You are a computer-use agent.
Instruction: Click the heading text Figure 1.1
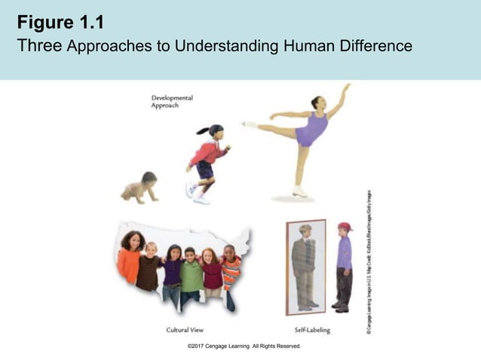tap(60, 20)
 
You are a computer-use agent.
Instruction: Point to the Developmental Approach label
tap(172, 102)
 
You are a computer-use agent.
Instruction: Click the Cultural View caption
tap(185, 330)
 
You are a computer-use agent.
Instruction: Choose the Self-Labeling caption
tap(311, 330)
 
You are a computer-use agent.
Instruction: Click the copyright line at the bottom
tap(244, 346)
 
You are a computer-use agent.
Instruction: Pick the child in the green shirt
tap(191, 275)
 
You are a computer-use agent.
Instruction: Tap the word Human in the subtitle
tap(307, 46)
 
